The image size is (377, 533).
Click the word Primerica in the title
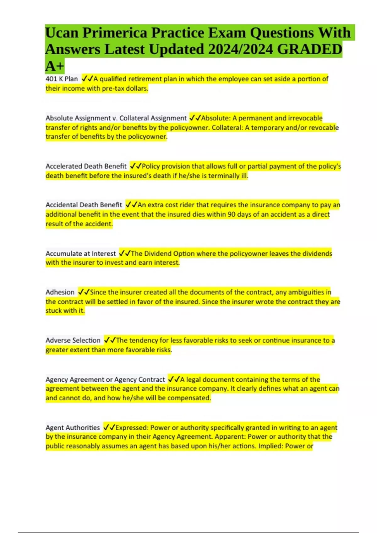pyautogui.click(x=115, y=33)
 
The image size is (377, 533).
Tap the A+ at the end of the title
pyautogui.click(x=55, y=66)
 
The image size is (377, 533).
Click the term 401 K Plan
pyautogui.click(x=62, y=79)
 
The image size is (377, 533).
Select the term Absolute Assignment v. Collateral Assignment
pyautogui.click(x=116, y=118)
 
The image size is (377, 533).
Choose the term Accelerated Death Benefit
pyautogui.click(x=86, y=166)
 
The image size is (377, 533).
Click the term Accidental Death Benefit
pyautogui.click(x=84, y=205)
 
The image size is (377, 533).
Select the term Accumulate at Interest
pyautogui.click(x=81, y=253)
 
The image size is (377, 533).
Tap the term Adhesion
pyautogui.click(x=60, y=292)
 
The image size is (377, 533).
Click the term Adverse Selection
pyautogui.click(x=73, y=340)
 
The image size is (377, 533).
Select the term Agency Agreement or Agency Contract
pyautogui.click(x=105, y=379)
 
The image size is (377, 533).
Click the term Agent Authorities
pyautogui.click(x=73, y=428)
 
